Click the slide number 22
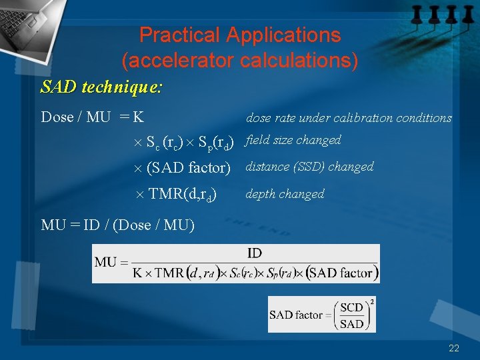454,348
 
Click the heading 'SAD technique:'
102,87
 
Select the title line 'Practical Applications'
240,35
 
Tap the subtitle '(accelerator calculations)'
240,61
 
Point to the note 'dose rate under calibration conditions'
349,118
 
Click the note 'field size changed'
293,140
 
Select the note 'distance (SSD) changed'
309,167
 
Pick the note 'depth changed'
285,194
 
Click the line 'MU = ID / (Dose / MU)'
118,225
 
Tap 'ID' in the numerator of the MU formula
254,253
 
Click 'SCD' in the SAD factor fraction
351,307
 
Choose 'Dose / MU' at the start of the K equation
75,117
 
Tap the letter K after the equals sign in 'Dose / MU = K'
138,117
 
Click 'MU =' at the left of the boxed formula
110,262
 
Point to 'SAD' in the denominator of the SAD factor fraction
351,324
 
